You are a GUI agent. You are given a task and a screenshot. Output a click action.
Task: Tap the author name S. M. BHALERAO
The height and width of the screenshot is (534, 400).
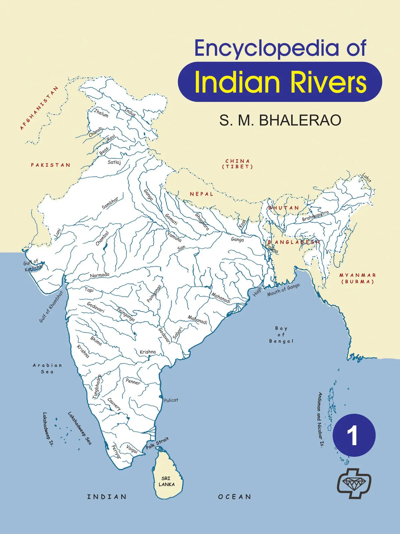pyautogui.click(x=280, y=120)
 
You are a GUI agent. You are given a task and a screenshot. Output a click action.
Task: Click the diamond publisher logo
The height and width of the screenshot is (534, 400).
pyautogui.click(x=354, y=483)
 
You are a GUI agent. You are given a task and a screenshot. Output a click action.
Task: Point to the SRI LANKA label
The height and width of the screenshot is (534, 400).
pyautogui.click(x=166, y=481)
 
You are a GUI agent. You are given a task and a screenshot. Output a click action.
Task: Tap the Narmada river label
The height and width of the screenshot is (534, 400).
pyautogui.click(x=100, y=275)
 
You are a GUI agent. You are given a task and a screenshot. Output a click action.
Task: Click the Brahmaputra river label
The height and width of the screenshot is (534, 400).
pyautogui.click(x=315, y=216)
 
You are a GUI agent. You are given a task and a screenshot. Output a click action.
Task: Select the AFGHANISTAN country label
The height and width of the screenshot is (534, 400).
pyautogui.click(x=39, y=108)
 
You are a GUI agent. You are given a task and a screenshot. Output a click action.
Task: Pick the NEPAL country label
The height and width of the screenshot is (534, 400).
pyautogui.click(x=201, y=194)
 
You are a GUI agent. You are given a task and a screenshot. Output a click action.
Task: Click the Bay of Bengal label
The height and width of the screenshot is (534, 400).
pyautogui.click(x=281, y=335)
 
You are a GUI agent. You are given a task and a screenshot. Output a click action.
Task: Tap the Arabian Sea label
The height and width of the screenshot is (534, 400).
pyautogui.click(x=47, y=368)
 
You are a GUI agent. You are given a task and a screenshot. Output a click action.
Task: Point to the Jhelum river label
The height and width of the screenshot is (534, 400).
pyautogui.click(x=101, y=113)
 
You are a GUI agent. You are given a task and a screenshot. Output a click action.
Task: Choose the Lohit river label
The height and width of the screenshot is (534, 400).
pyautogui.click(x=367, y=178)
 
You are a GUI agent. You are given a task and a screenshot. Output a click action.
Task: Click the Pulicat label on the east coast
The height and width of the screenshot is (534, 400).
pyautogui.click(x=171, y=400)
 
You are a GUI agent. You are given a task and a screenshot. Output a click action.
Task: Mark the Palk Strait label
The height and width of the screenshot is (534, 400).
pyautogui.click(x=157, y=444)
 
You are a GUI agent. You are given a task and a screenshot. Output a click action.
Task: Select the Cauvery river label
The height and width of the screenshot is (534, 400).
pyautogui.click(x=114, y=404)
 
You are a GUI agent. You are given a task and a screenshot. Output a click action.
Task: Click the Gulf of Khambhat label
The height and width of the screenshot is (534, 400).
pyautogui.click(x=51, y=307)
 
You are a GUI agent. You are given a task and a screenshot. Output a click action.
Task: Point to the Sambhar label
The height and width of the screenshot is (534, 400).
pyautogui.click(x=110, y=203)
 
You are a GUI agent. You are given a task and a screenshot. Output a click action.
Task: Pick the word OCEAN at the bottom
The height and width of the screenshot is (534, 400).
pyautogui.click(x=235, y=497)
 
